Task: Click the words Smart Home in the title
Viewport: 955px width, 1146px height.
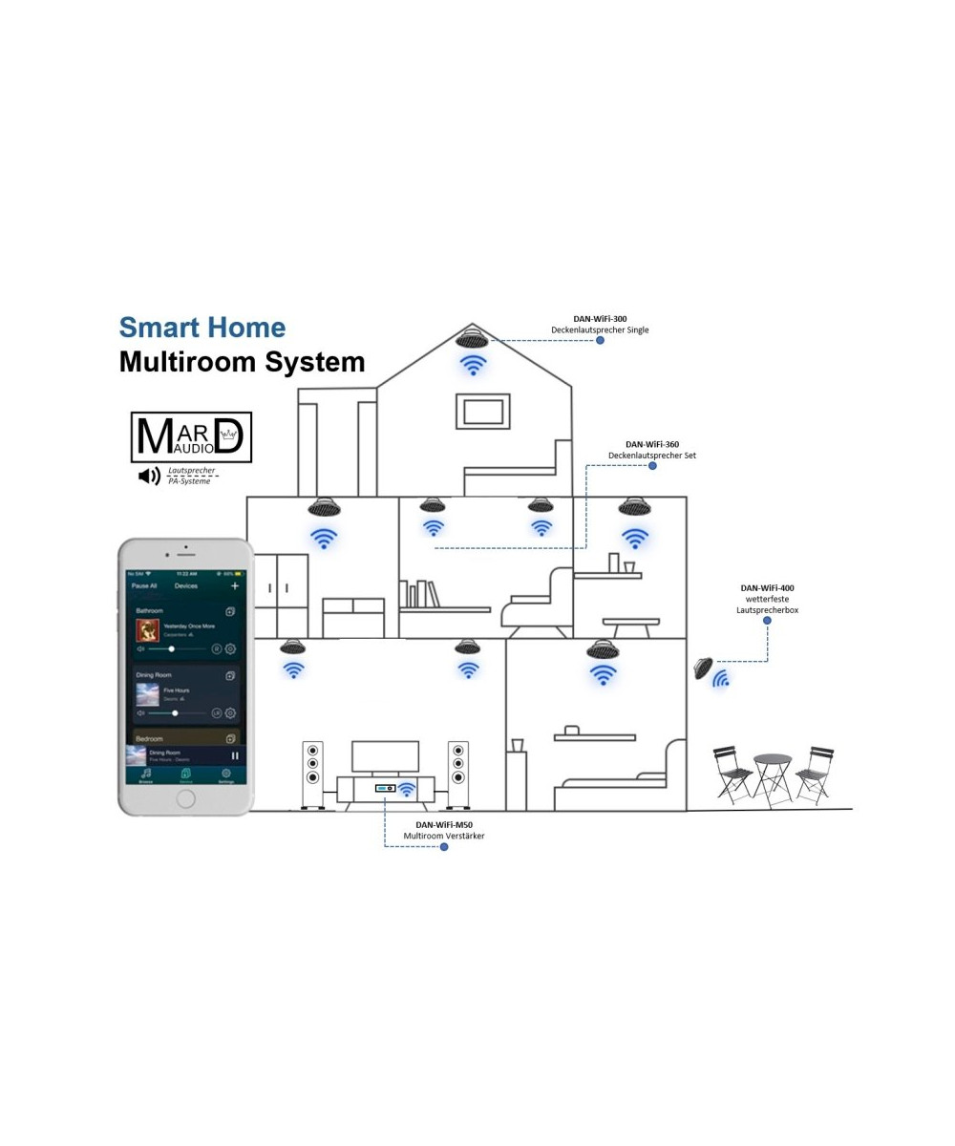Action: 202,328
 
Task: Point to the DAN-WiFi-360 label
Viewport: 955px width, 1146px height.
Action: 652,444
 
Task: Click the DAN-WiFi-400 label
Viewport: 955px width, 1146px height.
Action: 767,588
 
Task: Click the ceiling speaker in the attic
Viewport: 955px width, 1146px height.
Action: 472,337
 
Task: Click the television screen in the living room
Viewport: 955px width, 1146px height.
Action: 386,755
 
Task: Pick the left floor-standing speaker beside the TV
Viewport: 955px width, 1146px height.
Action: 311,774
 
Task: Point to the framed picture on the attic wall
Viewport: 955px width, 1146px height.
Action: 483,410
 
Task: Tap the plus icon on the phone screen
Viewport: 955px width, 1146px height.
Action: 235,585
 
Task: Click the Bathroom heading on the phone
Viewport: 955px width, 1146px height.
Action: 150,610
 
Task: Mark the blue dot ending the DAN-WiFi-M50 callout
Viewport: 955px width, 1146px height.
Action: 444,846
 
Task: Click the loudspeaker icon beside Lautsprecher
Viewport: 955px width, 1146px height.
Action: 149,476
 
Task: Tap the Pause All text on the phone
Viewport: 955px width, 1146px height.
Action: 144,585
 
